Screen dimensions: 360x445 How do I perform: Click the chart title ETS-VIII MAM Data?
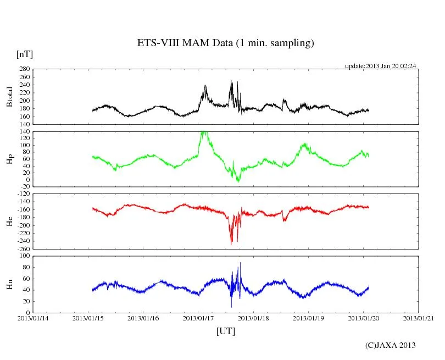point(225,43)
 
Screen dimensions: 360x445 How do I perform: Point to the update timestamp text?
point(380,66)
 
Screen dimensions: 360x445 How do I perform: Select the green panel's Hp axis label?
point(9,159)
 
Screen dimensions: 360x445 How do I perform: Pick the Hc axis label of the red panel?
point(9,221)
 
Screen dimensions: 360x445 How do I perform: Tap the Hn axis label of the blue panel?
point(9,284)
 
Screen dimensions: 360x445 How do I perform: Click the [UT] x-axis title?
point(225,331)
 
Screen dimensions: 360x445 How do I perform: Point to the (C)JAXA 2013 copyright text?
point(390,345)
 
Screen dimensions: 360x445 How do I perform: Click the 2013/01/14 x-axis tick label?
point(33,318)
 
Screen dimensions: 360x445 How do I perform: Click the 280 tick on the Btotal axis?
point(24,69)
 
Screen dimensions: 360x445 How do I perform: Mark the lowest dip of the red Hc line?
point(231,243)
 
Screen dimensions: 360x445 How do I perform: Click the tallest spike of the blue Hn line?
point(240,263)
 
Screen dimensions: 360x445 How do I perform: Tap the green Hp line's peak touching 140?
point(203,132)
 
